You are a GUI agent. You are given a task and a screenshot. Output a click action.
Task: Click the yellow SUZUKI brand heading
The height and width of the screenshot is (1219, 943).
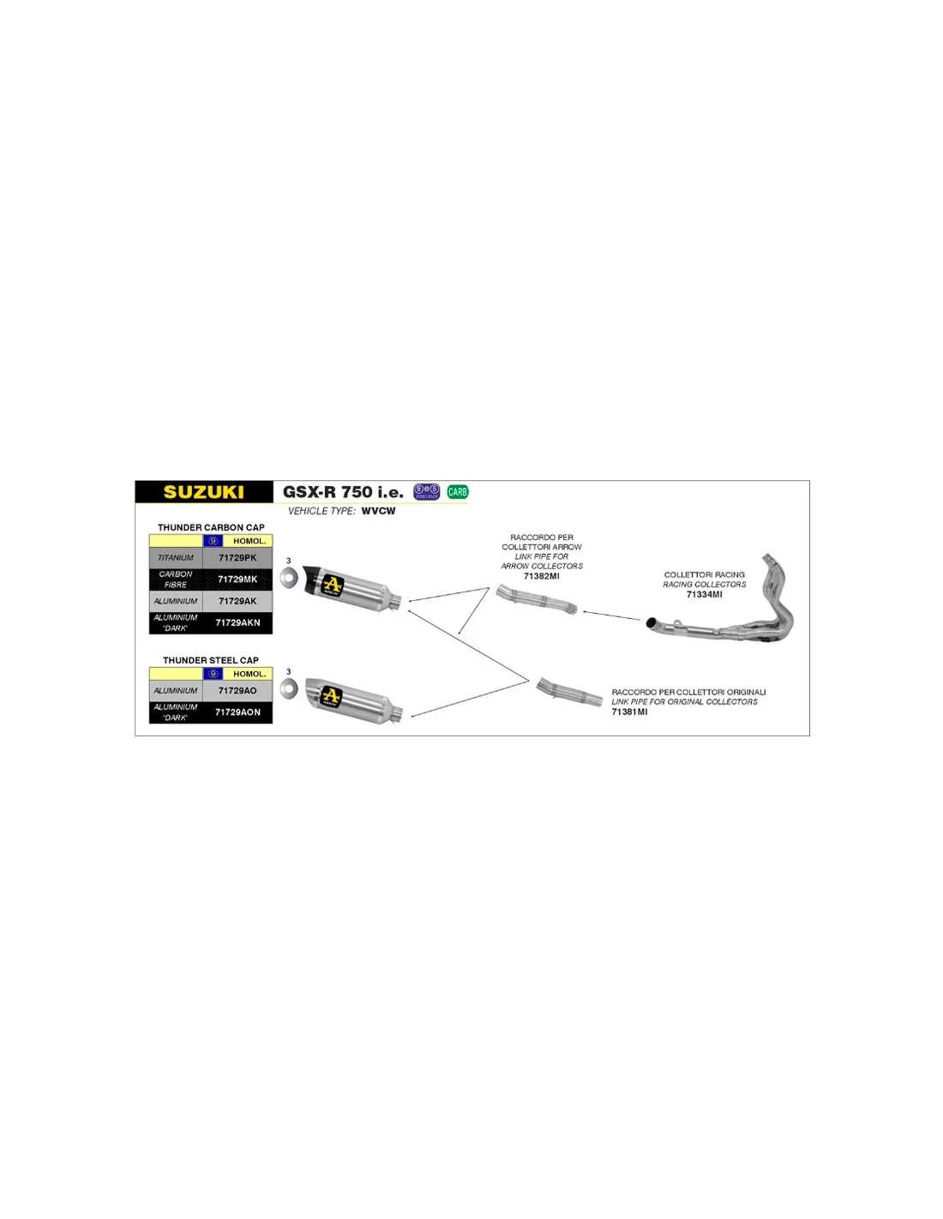pyautogui.click(x=204, y=492)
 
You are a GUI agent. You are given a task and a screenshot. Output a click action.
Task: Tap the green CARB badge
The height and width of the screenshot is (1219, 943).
pyautogui.click(x=458, y=492)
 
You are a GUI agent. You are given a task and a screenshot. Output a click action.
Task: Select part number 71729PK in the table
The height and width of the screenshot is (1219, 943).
pyautogui.click(x=237, y=558)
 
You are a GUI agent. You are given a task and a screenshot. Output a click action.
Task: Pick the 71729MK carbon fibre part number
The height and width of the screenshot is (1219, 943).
pyautogui.click(x=237, y=579)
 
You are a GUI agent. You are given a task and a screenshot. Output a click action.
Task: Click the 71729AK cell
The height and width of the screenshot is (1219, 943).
pyautogui.click(x=237, y=602)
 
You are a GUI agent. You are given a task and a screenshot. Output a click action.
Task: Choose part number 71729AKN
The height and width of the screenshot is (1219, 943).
pyautogui.click(x=237, y=623)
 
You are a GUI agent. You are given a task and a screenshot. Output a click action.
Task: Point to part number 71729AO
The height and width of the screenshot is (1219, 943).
pyautogui.click(x=237, y=691)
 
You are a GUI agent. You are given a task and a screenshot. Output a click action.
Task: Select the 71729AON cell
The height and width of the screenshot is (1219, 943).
pyautogui.click(x=237, y=712)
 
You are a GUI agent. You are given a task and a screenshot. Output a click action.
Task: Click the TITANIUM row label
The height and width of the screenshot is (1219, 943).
pyautogui.click(x=176, y=558)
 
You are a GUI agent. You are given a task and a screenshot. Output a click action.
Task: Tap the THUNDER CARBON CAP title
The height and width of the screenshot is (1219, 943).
pyautogui.click(x=211, y=528)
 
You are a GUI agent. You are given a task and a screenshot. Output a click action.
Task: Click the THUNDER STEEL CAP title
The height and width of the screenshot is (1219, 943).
pyautogui.click(x=211, y=661)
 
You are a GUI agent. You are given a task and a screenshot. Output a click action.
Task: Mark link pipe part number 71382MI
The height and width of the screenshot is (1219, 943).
pyautogui.click(x=542, y=576)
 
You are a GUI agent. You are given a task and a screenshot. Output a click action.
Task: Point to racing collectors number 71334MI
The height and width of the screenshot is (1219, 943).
pyautogui.click(x=704, y=594)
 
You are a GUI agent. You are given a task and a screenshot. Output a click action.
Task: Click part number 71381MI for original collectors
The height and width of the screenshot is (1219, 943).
pyautogui.click(x=629, y=712)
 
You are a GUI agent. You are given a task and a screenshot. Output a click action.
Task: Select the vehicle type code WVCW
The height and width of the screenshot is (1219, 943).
pyautogui.click(x=378, y=511)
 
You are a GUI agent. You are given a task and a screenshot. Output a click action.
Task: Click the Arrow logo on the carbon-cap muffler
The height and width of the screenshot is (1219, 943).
pyautogui.click(x=332, y=586)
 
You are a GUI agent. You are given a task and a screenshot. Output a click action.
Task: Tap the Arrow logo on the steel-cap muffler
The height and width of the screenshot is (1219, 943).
pyautogui.click(x=331, y=696)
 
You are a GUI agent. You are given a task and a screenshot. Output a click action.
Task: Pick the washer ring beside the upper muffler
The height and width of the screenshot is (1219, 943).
pyautogui.click(x=289, y=579)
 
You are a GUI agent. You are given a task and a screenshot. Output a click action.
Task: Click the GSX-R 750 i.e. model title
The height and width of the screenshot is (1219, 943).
pyautogui.click(x=343, y=492)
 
